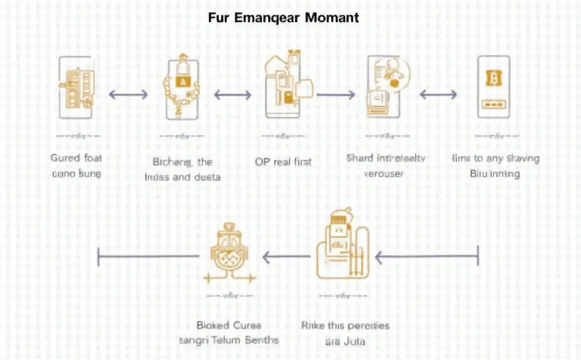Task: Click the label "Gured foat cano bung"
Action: click(x=76, y=166)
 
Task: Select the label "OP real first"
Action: click(x=283, y=161)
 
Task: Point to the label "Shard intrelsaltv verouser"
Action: click(x=385, y=166)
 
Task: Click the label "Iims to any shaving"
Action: click(x=495, y=166)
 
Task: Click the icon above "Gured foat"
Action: click(x=77, y=87)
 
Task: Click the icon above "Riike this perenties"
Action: click(x=340, y=247)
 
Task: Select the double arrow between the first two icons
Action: click(x=129, y=94)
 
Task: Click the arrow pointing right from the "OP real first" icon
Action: click(x=335, y=95)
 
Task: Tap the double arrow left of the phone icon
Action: click(x=438, y=95)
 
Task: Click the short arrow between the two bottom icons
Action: click(x=286, y=255)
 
